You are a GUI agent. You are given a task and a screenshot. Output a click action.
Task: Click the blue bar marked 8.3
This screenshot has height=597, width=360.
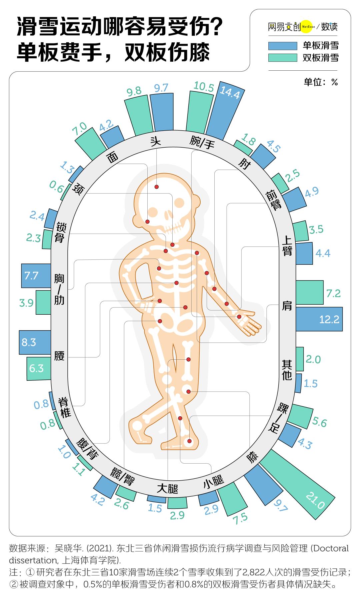pos(35,342)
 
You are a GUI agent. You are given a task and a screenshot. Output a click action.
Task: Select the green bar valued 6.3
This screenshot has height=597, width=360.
pos(39,368)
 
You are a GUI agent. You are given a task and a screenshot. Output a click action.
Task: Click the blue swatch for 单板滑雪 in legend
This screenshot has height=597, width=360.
pos(282,46)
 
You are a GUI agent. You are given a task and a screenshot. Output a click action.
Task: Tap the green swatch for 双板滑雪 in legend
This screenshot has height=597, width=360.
pos(282,58)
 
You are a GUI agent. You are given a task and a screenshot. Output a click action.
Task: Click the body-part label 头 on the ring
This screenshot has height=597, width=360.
pos(155,141)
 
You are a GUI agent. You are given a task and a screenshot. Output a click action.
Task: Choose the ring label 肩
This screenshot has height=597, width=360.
pos(287,305)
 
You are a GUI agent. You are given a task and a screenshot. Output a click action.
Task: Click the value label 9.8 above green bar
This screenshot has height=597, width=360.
pos(134,91)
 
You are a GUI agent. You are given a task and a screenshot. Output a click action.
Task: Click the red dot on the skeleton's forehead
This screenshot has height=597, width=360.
pos(156,187)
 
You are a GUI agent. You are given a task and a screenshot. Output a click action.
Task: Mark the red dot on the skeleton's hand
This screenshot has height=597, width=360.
pos(239,316)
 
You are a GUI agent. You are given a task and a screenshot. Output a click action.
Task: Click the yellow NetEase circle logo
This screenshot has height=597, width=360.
pos(307,27)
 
